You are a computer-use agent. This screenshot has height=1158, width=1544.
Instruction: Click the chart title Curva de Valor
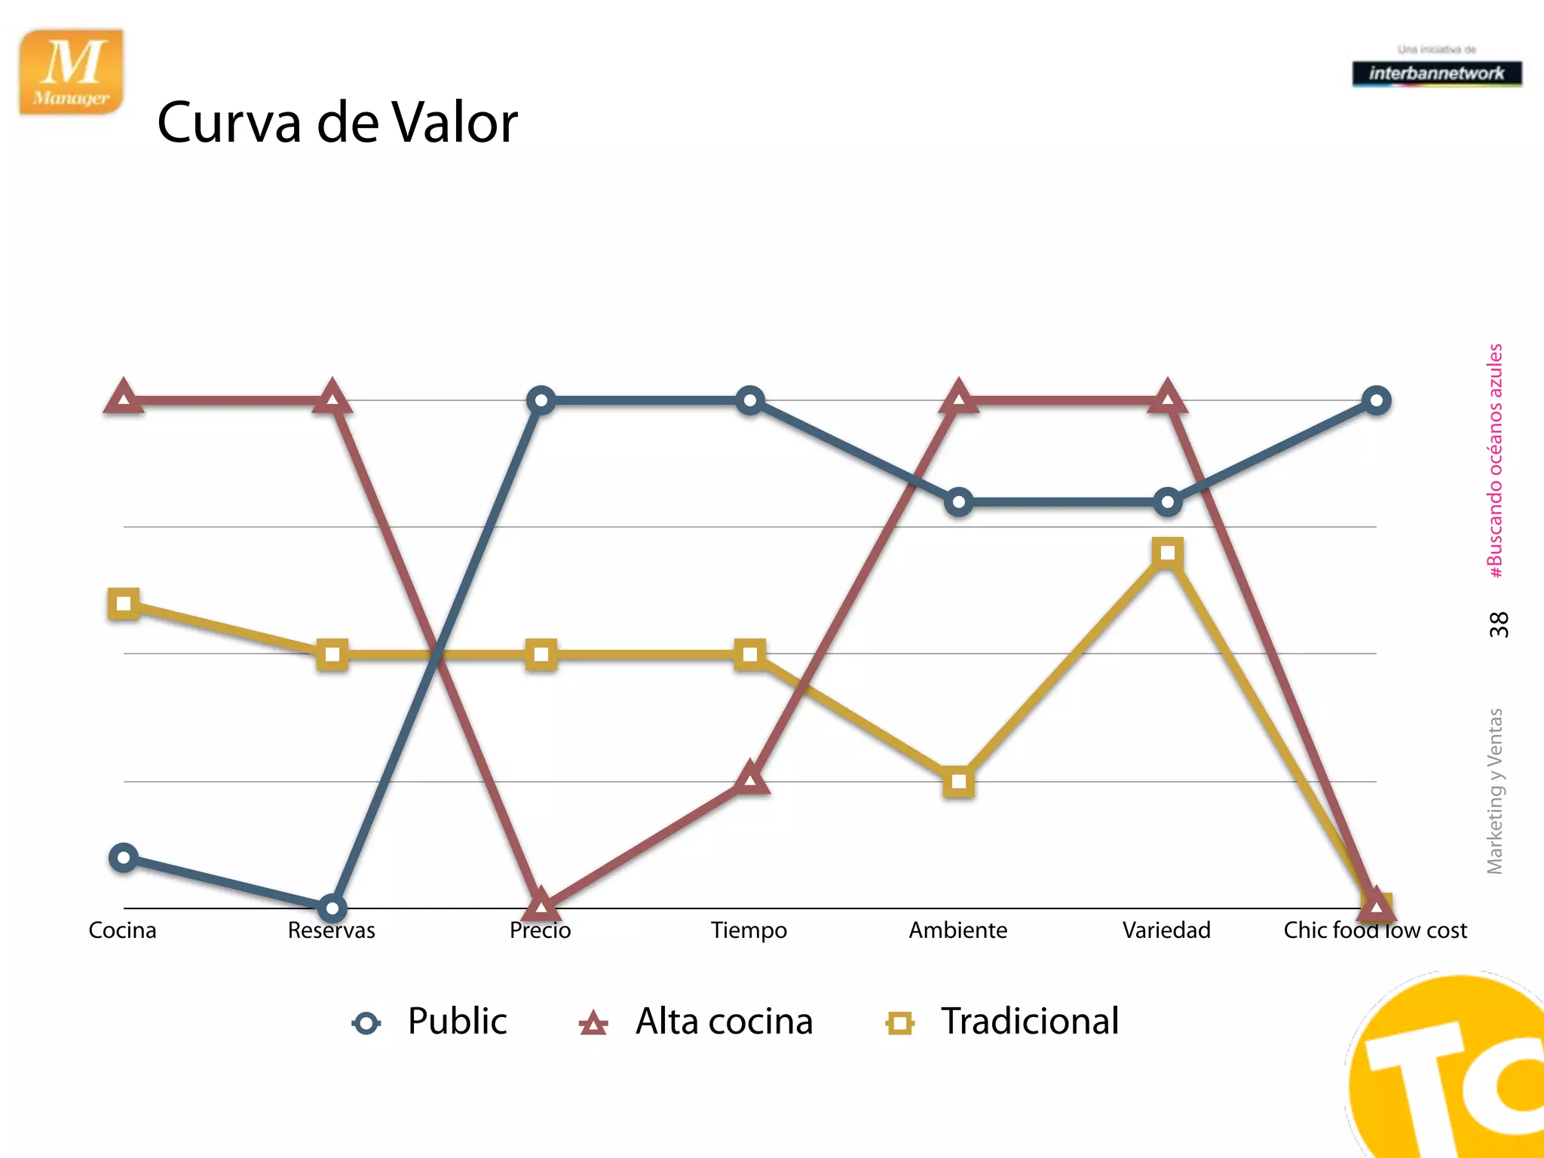[337, 122]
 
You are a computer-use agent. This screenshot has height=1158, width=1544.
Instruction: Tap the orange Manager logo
[72, 72]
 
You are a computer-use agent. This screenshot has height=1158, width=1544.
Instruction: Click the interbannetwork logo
[1436, 73]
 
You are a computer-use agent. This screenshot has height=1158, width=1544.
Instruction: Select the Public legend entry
[430, 1022]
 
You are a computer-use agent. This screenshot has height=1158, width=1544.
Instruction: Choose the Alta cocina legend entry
[696, 1022]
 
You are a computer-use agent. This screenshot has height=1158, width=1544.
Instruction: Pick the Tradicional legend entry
[1003, 1022]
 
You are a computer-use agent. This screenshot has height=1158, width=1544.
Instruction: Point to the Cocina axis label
[122, 930]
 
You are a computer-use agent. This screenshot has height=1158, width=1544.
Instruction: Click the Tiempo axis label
[749, 930]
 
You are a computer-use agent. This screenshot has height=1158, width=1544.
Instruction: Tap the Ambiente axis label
[957, 930]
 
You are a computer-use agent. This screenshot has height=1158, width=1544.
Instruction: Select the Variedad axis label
[1166, 930]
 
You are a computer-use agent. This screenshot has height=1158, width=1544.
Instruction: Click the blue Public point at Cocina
[124, 857]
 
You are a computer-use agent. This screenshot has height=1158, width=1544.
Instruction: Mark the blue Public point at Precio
[541, 400]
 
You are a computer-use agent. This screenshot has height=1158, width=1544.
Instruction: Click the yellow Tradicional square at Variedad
[1167, 553]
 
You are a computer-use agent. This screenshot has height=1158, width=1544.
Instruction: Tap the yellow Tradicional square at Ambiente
[958, 782]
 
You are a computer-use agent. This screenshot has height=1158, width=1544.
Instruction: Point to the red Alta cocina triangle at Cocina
[124, 397]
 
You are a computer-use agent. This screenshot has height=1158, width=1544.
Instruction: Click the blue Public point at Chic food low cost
[1376, 400]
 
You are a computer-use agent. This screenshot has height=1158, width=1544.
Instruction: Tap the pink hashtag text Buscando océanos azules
[1495, 461]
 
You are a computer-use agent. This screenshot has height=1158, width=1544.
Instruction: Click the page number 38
[1498, 625]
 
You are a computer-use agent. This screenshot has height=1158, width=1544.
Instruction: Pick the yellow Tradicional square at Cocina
[124, 603]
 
